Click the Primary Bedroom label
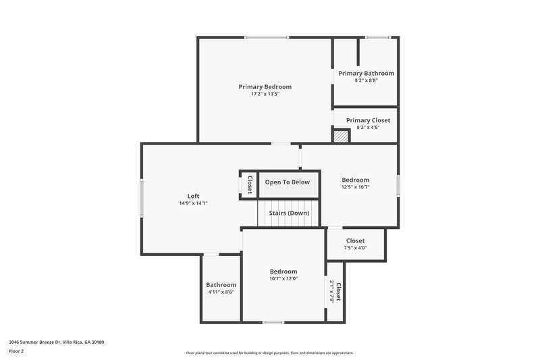click(x=265, y=86)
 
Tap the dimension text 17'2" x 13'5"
click(x=265, y=95)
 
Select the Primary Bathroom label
click(x=366, y=73)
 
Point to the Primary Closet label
click(x=368, y=120)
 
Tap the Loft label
click(x=193, y=196)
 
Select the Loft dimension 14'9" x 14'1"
click(x=193, y=203)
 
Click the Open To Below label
click(x=288, y=182)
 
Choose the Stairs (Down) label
click(x=289, y=213)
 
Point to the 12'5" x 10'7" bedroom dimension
click(x=355, y=187)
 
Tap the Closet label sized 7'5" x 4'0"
click(x=356, y=240)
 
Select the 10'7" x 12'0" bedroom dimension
click(x=283, y=278)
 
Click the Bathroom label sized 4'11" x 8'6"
click(x=221, y=284)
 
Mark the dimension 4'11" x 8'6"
click(x=221, y=292)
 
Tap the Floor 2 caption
click(x=17, y=351)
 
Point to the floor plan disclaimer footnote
click(x=270, y=353)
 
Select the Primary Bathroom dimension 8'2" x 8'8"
click(x=366, y=80)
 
